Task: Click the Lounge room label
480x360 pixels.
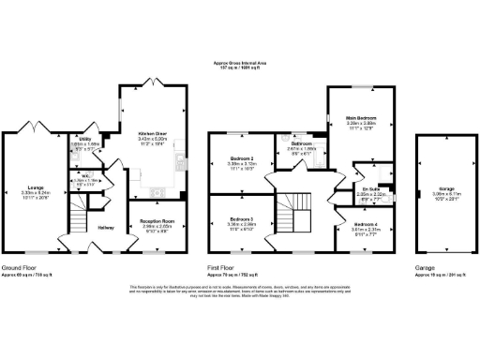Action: pos(36,187)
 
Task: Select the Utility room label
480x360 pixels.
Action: pos(84,139)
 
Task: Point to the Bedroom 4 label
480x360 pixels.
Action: pos(367,226)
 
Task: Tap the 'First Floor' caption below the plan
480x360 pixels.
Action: pos(227,267)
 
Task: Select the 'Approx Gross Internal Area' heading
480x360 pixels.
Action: pos(240,63)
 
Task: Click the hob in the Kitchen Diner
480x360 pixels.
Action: pos(177,161)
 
